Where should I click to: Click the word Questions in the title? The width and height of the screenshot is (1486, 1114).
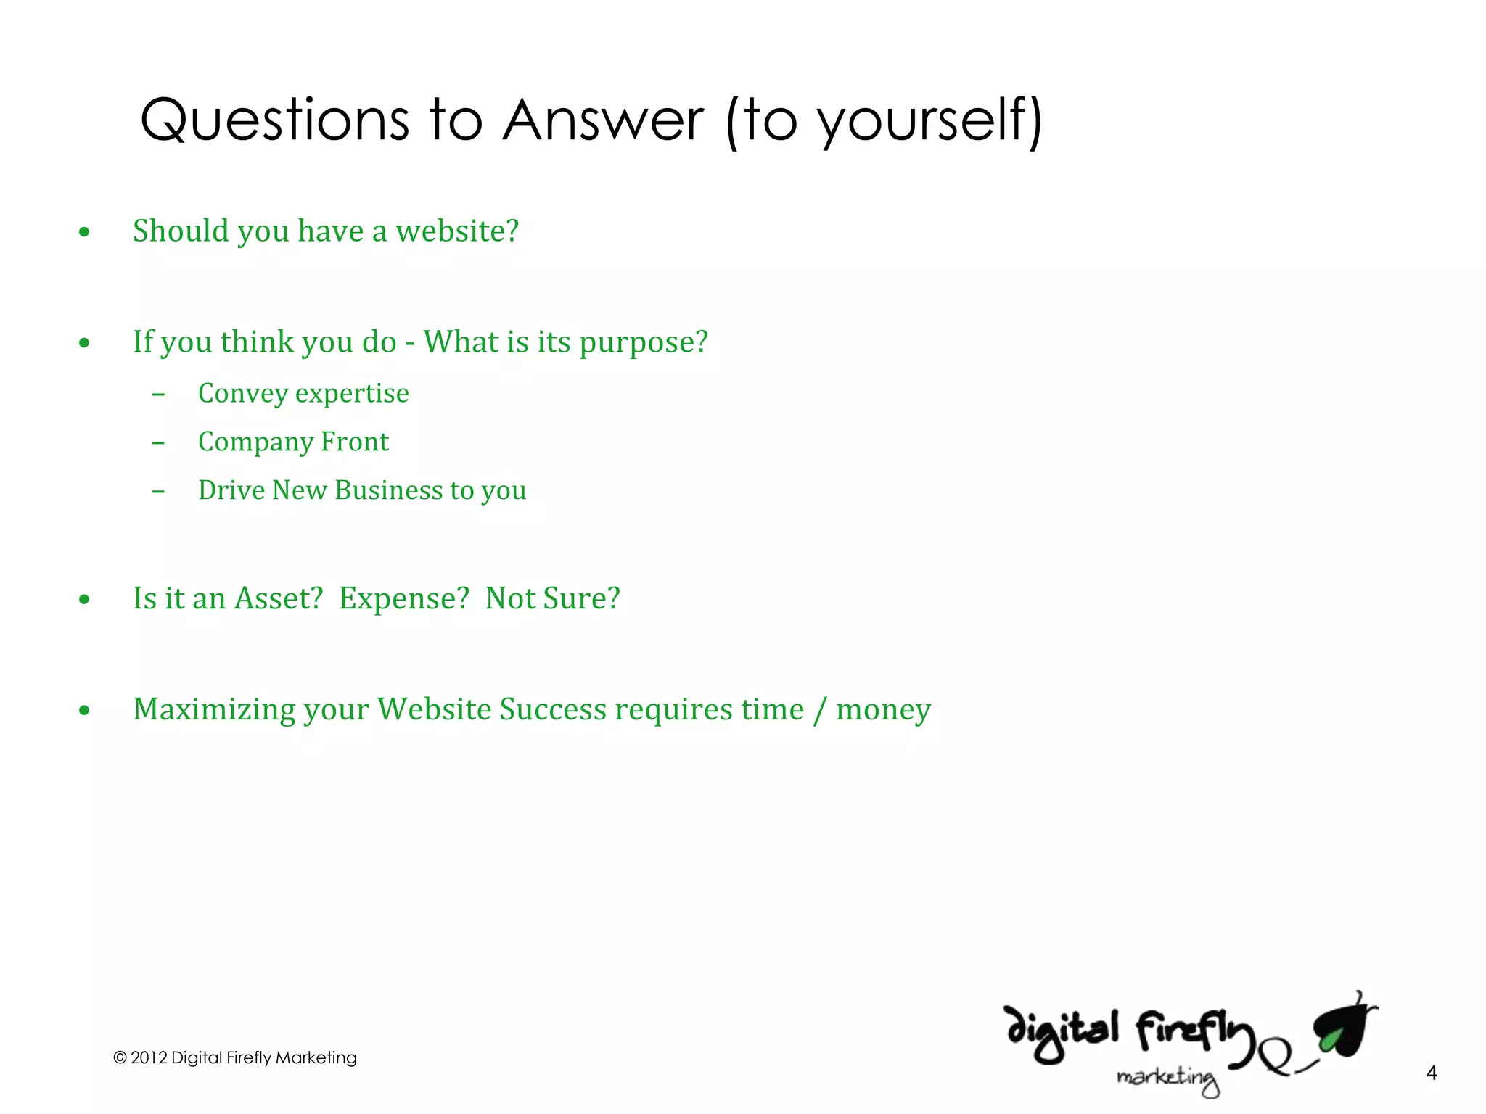(274, 120)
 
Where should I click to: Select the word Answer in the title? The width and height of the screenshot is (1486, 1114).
(603, 120)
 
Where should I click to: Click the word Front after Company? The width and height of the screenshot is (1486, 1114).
(355, 442)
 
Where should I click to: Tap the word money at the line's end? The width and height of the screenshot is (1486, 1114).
(883, 710)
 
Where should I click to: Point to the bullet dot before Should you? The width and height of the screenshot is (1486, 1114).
(85, 232)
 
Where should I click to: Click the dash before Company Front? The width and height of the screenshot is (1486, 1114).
(158, 443)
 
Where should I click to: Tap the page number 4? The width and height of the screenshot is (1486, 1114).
(1431, 1073)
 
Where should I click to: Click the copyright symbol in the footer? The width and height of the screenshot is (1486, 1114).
(120, 1058)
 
